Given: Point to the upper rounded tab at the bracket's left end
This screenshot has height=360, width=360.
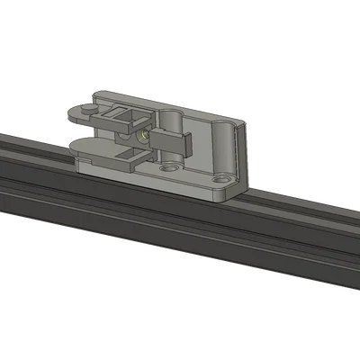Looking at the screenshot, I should click(x=81, y=114).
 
